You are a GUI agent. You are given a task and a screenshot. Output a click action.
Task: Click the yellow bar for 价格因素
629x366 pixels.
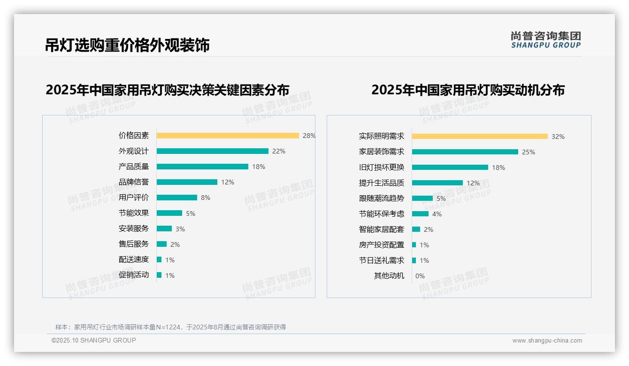tap(228, 136)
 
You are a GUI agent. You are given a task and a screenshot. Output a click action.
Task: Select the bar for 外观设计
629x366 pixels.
tap(212, 151)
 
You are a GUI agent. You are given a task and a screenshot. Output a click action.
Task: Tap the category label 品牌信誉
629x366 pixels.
tap(134, 182)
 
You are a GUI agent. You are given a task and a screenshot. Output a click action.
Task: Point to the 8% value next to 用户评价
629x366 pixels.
tap(206, 198)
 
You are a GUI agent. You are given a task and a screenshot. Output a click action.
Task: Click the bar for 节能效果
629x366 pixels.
tap(169, 213)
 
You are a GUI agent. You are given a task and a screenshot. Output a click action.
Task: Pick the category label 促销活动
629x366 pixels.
tap(134, 275)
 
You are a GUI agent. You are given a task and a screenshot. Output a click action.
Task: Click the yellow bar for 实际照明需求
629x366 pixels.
tap(480, 137)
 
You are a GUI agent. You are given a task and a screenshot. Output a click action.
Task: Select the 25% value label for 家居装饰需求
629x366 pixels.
tap(529, 152)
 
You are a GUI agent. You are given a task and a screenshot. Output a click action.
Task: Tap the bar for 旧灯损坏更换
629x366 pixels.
tap(450, 168)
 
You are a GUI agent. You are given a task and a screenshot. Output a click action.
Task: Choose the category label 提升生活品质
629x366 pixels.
tap(382, 183)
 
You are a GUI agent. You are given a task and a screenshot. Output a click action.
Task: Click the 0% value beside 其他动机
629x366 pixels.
tap(420, 276)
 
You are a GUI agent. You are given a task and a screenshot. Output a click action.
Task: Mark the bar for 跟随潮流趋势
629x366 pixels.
tap(422, 198)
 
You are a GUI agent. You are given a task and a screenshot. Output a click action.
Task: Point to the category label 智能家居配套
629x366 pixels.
tap(382, 229)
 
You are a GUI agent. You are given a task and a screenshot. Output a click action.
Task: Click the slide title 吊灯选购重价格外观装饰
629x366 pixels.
tap(127, 45)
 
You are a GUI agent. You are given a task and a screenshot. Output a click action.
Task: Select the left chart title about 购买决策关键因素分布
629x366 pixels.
tap(168, 90)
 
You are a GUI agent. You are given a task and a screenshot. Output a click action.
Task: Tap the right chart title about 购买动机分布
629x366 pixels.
tap(468, 90)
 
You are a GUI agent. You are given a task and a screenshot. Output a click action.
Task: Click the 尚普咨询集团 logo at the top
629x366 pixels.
tap(546, 40)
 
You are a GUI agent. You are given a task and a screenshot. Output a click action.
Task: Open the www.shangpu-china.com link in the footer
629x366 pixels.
tap(547, 341)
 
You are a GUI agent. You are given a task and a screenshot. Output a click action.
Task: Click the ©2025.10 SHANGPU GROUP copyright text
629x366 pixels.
tap(94, 340)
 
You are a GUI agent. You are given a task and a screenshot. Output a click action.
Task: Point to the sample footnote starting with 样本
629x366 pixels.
tap(170, 327)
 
